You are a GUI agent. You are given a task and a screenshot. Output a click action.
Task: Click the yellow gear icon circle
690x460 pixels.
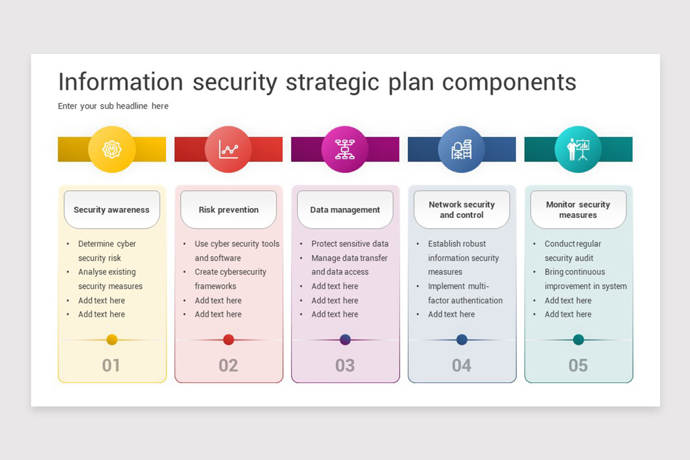pyautogui.click(x=112, y=149)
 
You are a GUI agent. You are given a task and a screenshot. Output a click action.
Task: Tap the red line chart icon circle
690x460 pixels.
pyautogui.click(x=228, y=149)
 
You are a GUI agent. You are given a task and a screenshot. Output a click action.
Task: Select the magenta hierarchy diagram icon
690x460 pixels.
pyautogui.click(x=345, y=149)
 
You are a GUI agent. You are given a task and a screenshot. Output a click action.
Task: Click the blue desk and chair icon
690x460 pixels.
pyautogui.click(x=462, y=149)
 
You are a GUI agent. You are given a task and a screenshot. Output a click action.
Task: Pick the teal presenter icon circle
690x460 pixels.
pyautogui.click(x=578, y=149)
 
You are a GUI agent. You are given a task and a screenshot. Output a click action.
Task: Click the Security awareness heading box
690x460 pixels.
pyautogui.click(x=112, y=210)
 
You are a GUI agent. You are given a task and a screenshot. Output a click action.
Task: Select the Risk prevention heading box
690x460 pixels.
pyautogui.click(x=228, y=210)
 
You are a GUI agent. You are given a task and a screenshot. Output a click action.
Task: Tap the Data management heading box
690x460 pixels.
pyautogui.click(x=345, y=210)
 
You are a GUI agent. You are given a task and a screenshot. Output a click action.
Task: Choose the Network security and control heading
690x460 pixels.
pyautogui.click(x=462, y=210)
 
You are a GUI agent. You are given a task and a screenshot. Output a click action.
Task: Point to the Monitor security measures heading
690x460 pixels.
pyautogui.click(x=578, y=210)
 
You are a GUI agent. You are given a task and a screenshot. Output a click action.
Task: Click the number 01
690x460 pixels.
pyautogui.click(x=111, y=365)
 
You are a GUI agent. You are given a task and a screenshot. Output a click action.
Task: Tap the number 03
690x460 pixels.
pyautogui.click(x=345, y=365)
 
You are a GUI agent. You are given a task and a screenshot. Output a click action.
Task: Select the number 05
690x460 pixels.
pyautogui.click(x=578, y=365)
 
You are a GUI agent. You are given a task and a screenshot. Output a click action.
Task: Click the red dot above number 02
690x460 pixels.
pyautogui.click(x=228, y=339)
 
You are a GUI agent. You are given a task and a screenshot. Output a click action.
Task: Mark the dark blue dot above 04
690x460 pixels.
pyautogui.click(x=462, y=339)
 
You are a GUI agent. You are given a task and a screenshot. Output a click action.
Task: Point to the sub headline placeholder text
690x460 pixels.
pyautogui.click(x=113, y=106)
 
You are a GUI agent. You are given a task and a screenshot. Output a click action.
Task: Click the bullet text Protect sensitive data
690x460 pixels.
pyautogui.click(x=350, y=244)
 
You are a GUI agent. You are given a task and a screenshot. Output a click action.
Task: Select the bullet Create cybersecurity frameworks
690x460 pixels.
pyautogui.click(x=230, y=279)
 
